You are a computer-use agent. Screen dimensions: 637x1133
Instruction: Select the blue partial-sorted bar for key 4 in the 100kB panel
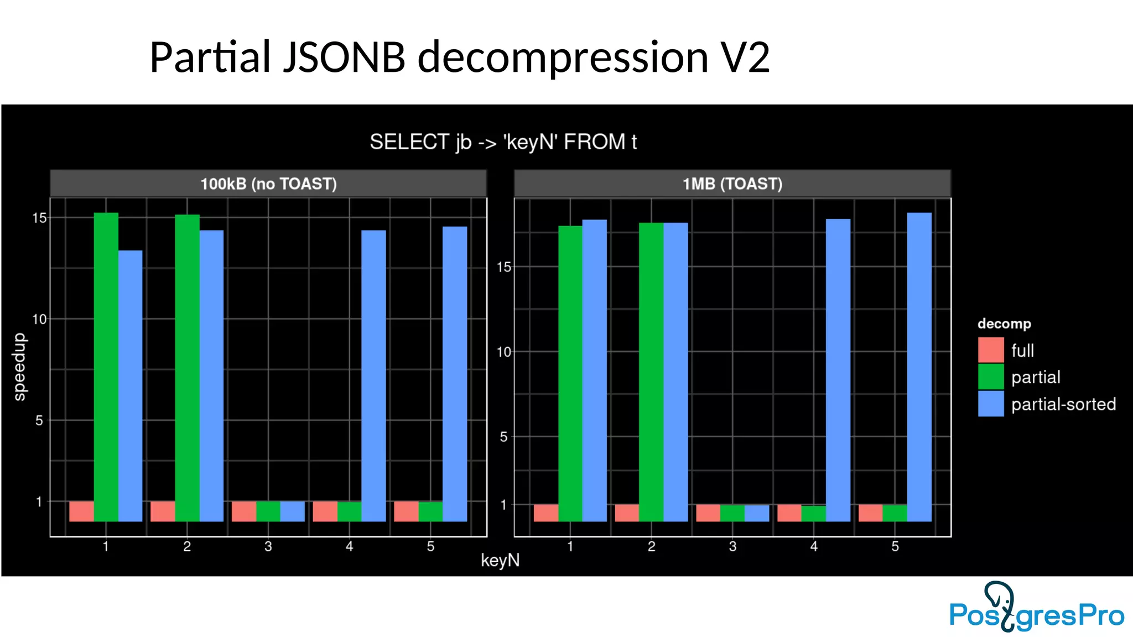click(373, 375)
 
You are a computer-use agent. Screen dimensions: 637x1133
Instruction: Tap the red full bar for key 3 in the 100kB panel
click(243, 511)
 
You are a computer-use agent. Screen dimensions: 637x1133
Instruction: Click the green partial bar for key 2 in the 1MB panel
click(651, 372)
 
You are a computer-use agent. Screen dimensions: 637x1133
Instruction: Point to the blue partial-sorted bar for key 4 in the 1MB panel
click(838, 370)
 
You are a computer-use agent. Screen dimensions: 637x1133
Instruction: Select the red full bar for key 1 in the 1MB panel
click(545, 513)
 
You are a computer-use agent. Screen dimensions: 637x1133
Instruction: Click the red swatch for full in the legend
click(990, 350)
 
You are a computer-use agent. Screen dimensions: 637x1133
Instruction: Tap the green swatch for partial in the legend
click(990, 377)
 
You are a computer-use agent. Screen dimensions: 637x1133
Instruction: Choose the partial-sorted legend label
click(1063, 404)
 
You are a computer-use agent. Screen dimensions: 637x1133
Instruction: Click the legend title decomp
click(1004, 323)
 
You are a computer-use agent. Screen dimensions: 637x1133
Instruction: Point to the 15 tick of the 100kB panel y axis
click(39, 218)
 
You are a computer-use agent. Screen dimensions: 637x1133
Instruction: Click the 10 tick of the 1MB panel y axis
click(503, 352)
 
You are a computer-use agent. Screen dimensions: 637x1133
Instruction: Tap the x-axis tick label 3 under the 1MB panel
click(732, 546)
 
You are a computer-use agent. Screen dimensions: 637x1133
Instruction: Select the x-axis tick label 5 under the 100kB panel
click(430, 546)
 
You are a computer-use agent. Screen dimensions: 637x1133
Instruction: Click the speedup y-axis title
click(19, 366)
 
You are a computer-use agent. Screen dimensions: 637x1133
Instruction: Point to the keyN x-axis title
click(500, 560)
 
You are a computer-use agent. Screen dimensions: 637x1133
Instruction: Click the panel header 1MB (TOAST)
click(732, 184)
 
